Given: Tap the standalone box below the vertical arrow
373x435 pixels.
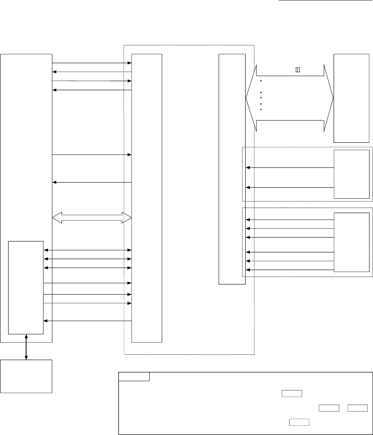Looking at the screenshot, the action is click(x=26, y=376).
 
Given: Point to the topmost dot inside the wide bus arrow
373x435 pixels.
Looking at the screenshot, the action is click(x=260, y=81).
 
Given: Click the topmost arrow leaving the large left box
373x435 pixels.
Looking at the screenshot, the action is click(x=92, y=63).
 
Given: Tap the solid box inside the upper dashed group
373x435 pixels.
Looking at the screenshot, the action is click(x=352, y=174).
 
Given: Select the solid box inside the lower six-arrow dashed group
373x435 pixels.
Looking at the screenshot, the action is click(x=352, y=242).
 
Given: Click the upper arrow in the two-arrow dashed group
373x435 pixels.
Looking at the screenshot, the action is click(x=290, y=168).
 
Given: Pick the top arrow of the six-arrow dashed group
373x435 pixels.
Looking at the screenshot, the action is click(x=290, y=220).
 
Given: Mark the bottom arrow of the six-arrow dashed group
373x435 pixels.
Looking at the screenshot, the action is click(x=290, y=270).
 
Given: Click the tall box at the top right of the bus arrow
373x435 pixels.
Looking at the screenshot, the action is click(x=352, y=98).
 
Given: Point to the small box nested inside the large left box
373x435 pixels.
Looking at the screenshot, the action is click(x=26, y=288).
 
